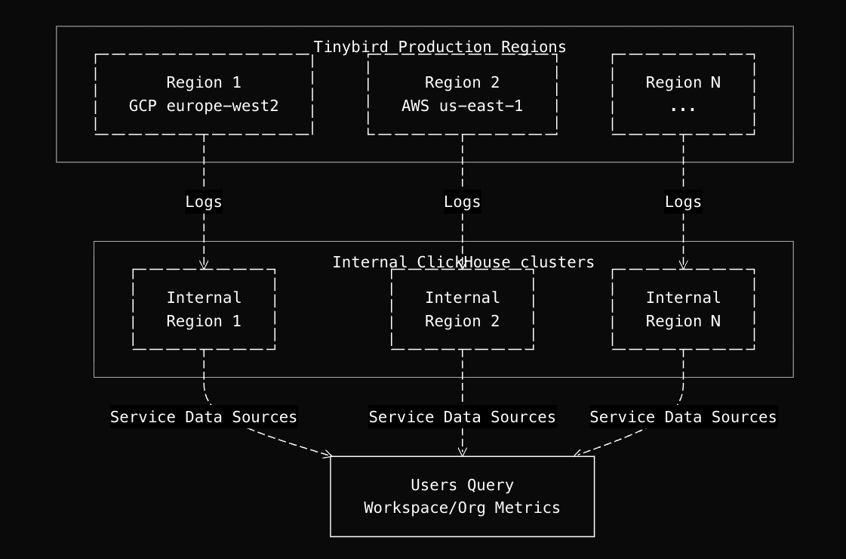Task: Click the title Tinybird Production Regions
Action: (x=440, y=47)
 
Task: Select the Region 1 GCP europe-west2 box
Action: (x=204, y=94)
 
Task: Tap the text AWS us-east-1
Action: (x=462, y=106)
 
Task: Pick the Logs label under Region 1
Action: (x=204, y=202)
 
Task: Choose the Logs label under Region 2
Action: (x=462, y=202)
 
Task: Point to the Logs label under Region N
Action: (x=683, y=202)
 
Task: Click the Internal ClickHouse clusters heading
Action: (x=463, y=262)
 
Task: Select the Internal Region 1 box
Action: (x=204, y=309)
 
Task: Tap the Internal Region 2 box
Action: (x=462, y=309)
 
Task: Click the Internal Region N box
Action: (x=683, y=309)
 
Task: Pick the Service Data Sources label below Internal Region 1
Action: (x=204, y=417)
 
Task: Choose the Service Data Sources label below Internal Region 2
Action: (x=462, y=417)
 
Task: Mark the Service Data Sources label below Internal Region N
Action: (x=683, y=417)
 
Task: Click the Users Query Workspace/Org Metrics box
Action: (x=462, y=496)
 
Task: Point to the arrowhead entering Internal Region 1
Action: (x=204, y=265)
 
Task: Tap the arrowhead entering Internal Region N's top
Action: (x=683, y=265)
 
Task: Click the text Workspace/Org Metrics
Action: (x=462, y=508)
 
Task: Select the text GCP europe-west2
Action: (x=204, y=106)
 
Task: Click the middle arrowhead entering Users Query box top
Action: (x=462, y=452)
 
